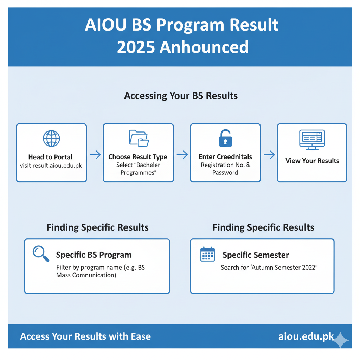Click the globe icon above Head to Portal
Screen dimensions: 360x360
(x=51, y=139)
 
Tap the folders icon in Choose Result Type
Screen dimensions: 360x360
(x=139, y=138)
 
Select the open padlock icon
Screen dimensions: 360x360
(x=225, y=138)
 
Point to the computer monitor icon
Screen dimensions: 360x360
(x=312, y=140)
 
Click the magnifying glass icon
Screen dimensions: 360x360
(x=41, y=254)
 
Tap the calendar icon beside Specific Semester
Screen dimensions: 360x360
(x=207, y=255)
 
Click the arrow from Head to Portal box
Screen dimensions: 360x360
(x=95, y=155)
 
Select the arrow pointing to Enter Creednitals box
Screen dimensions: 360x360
(x=182, y=155)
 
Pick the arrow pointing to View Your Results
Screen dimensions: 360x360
(x=269, y=155)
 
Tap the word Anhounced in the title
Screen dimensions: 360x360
(x=204, y=47)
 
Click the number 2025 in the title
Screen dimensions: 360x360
(x=136, y=47)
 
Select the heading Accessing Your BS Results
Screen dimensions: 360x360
(x=181, y=96)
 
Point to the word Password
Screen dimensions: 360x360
(x=225, y=172)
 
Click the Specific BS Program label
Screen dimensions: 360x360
(x=94, y=255)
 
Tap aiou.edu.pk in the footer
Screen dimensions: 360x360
(x=306, y=336)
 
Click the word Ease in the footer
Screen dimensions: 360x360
(x=141, y=336)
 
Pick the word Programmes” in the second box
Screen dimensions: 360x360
(x=139, y=173)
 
